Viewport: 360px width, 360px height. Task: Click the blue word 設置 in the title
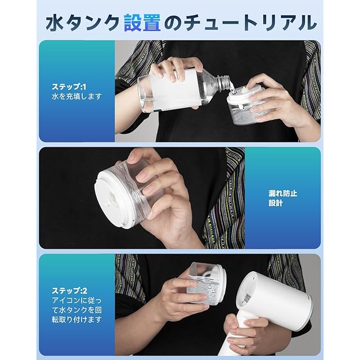click(142, 22)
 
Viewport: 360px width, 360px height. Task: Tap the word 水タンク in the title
click(83, 22)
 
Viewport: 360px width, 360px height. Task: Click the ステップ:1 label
click(69, 87)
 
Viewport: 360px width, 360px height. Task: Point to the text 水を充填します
click(76, 96)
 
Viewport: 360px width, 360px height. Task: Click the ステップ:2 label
click(69, 291)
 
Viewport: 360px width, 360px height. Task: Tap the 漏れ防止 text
click(283, 193)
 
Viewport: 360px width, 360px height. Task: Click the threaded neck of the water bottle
click(223, 83)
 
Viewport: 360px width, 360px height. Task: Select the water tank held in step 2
click(206, 283)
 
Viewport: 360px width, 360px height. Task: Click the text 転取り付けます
click(76, 319)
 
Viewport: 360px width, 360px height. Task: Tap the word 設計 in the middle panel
click(276, 203)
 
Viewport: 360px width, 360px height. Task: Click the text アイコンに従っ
click(76, 300)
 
